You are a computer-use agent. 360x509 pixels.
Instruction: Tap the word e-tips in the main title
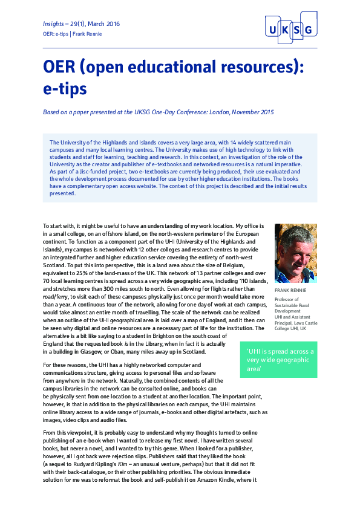click(65, 88)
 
